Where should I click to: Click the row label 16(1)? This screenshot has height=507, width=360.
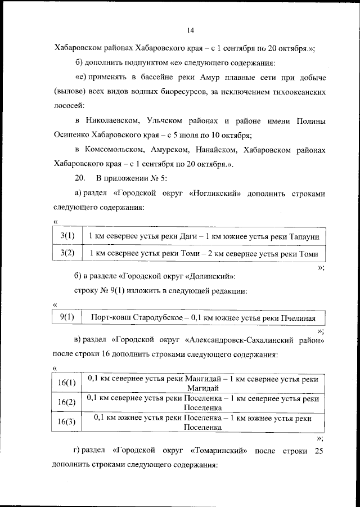pos(67,383)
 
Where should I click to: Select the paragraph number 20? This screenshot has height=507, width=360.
pos(79,179)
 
